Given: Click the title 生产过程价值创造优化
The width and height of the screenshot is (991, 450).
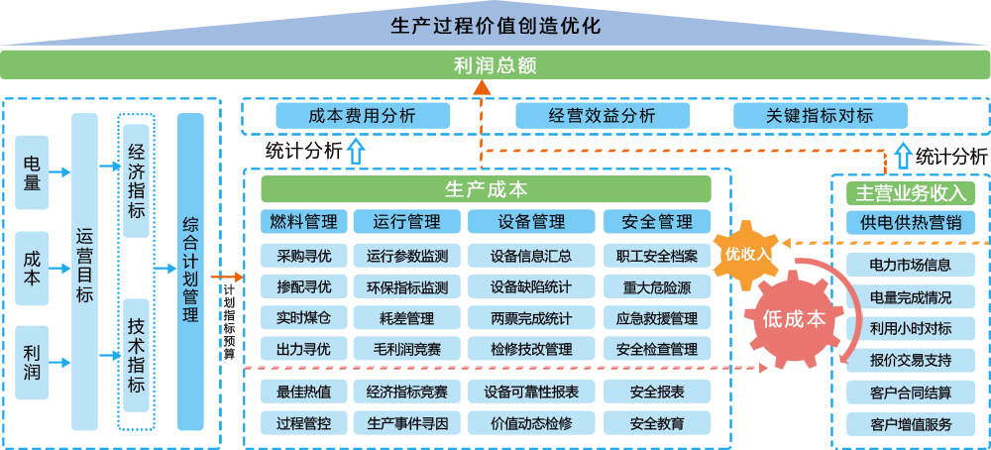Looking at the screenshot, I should coord(495,25).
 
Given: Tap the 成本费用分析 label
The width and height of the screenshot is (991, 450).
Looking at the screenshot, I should coord(362,115).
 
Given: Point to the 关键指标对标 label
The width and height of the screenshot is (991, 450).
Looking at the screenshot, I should coord(819,115).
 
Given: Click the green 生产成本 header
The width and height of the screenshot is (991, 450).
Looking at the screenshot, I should coord(486,188).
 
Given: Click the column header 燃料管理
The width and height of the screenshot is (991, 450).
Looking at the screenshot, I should coord(304,221).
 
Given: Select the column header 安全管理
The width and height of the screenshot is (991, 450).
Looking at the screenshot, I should coord(657,221).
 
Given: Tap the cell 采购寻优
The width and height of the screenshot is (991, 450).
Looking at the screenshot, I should coord(304,256).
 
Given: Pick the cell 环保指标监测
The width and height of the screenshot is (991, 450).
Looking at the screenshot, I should coord(406,287).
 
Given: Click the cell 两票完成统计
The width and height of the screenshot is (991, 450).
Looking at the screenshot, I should coord(530,319).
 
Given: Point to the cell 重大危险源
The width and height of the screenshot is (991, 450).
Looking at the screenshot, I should coord(657,287).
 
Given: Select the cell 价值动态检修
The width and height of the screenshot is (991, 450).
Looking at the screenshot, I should coord(530,423).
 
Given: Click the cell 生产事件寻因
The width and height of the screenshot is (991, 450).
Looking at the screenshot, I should coord(406,423).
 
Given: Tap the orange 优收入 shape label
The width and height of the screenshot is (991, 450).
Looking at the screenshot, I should coord(748,253).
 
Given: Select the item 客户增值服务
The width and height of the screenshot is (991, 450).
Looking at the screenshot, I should coord(910,424).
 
